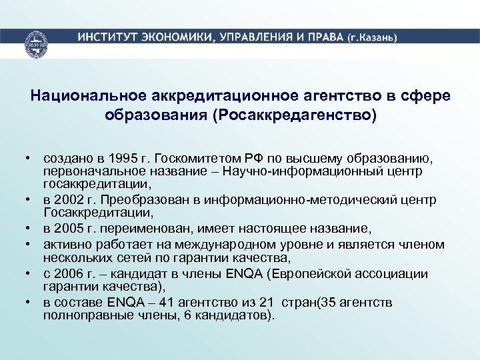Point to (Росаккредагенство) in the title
click(x=294, y=115)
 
